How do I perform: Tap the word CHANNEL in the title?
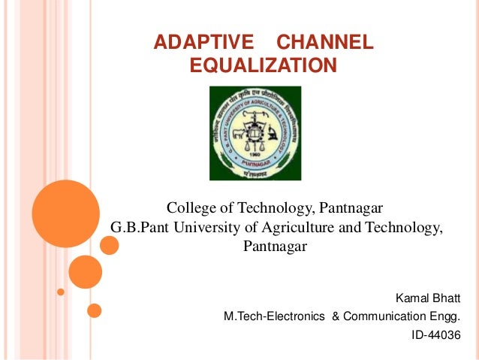coord(324,44)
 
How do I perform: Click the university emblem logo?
coord(255,132)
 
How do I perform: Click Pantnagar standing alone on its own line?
coord(276,247)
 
